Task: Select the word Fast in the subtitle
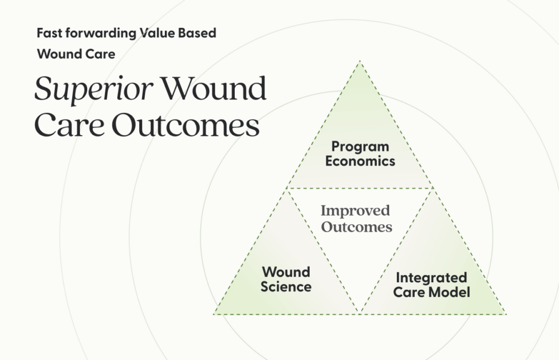pyautogui.click(x=49, y=33)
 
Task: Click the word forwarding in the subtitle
pyautogui.click(x=100, y=33)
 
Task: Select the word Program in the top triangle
pyautogui.click(x=360, y=147)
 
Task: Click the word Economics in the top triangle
pyautogui.click(x=360, y=162)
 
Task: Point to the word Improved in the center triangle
pyautogui.click(x=355, y=211)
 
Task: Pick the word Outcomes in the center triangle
pyautogui.click(x=357, y=227)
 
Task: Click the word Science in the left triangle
pyautogui.click(x=286, y=287)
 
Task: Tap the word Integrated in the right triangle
pyautogui.click(x=431, y=278)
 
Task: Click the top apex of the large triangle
pyautogui.click(x=359, y=61)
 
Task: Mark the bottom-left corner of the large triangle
pyautogui.click(x=214, y=313)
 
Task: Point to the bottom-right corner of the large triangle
pyautogui.click(x=505, y=313)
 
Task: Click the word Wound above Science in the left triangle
pyautogui.click(x=286, y=273)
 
